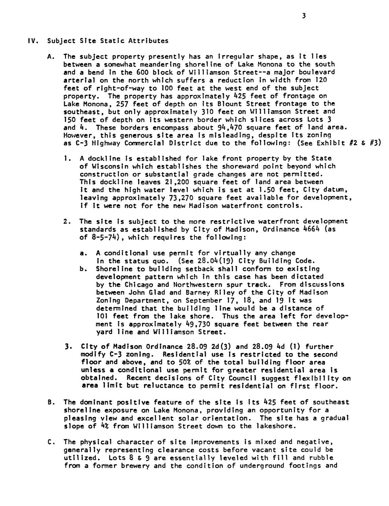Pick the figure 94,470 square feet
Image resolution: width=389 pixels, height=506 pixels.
click(x=225, y=128)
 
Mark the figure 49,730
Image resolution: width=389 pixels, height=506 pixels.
click(x=194, y=324)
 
